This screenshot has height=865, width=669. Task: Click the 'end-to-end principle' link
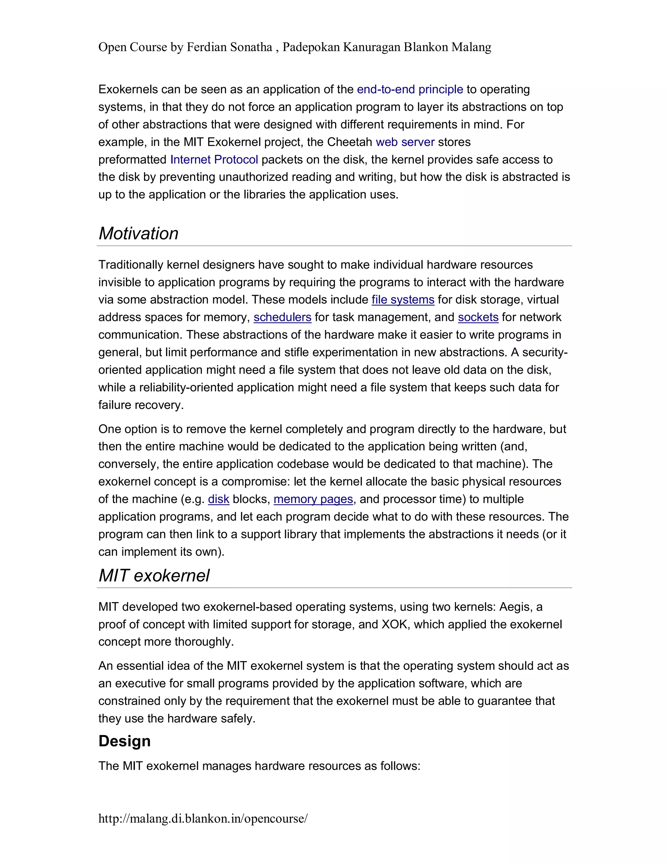pyautogui.click(x=410, y=89)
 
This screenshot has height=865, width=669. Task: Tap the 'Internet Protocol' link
pyautogui.click(x=214, y=160)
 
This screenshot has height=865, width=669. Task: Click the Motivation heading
pyautogui.click(x=138, y=233)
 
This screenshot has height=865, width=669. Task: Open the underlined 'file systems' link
pyautogui.click(x=403, y=300)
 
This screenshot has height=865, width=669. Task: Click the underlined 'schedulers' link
pyautogui.click(x=282, y=317)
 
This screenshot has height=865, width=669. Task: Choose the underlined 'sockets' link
pyautogui.click(x=478, y=317)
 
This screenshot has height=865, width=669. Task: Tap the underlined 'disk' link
pyautogui.click(x=219, y=499)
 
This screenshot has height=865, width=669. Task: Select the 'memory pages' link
pyautogui.click(x=313, y=499)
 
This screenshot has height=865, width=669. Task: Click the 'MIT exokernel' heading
pyautogui.click(x=154, y=575)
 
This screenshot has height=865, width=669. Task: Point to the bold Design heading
pyautogui.click(x=124, y=741)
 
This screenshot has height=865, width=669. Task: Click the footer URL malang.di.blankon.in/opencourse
pyautogui.click(x=203, y=818)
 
